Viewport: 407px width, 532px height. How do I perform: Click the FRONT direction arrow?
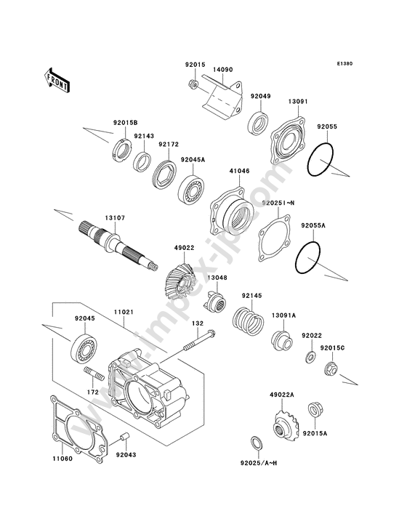tap(57, 81)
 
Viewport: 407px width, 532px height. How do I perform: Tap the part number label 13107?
tap(115, 218)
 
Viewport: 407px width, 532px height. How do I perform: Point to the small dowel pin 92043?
tap(126, 437)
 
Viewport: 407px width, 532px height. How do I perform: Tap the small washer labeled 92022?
tap(310, 357)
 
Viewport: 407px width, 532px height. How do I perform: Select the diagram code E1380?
tap(344, 63)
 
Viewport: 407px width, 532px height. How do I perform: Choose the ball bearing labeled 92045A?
tap(190, 189)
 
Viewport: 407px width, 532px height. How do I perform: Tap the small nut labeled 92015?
tap(193, 84)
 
